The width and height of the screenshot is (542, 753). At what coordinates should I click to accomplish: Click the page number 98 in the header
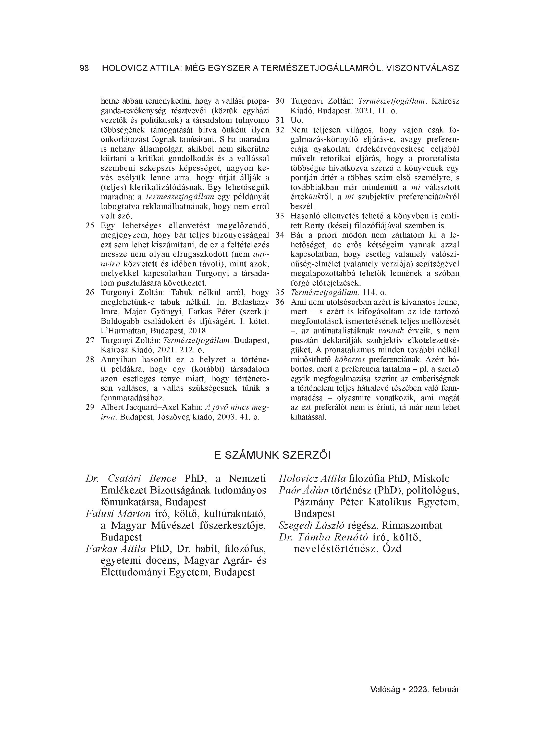84,68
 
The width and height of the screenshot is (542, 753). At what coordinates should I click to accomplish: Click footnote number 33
280,216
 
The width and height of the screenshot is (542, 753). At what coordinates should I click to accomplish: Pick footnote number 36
280,302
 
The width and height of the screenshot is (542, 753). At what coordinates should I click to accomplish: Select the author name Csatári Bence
142,478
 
